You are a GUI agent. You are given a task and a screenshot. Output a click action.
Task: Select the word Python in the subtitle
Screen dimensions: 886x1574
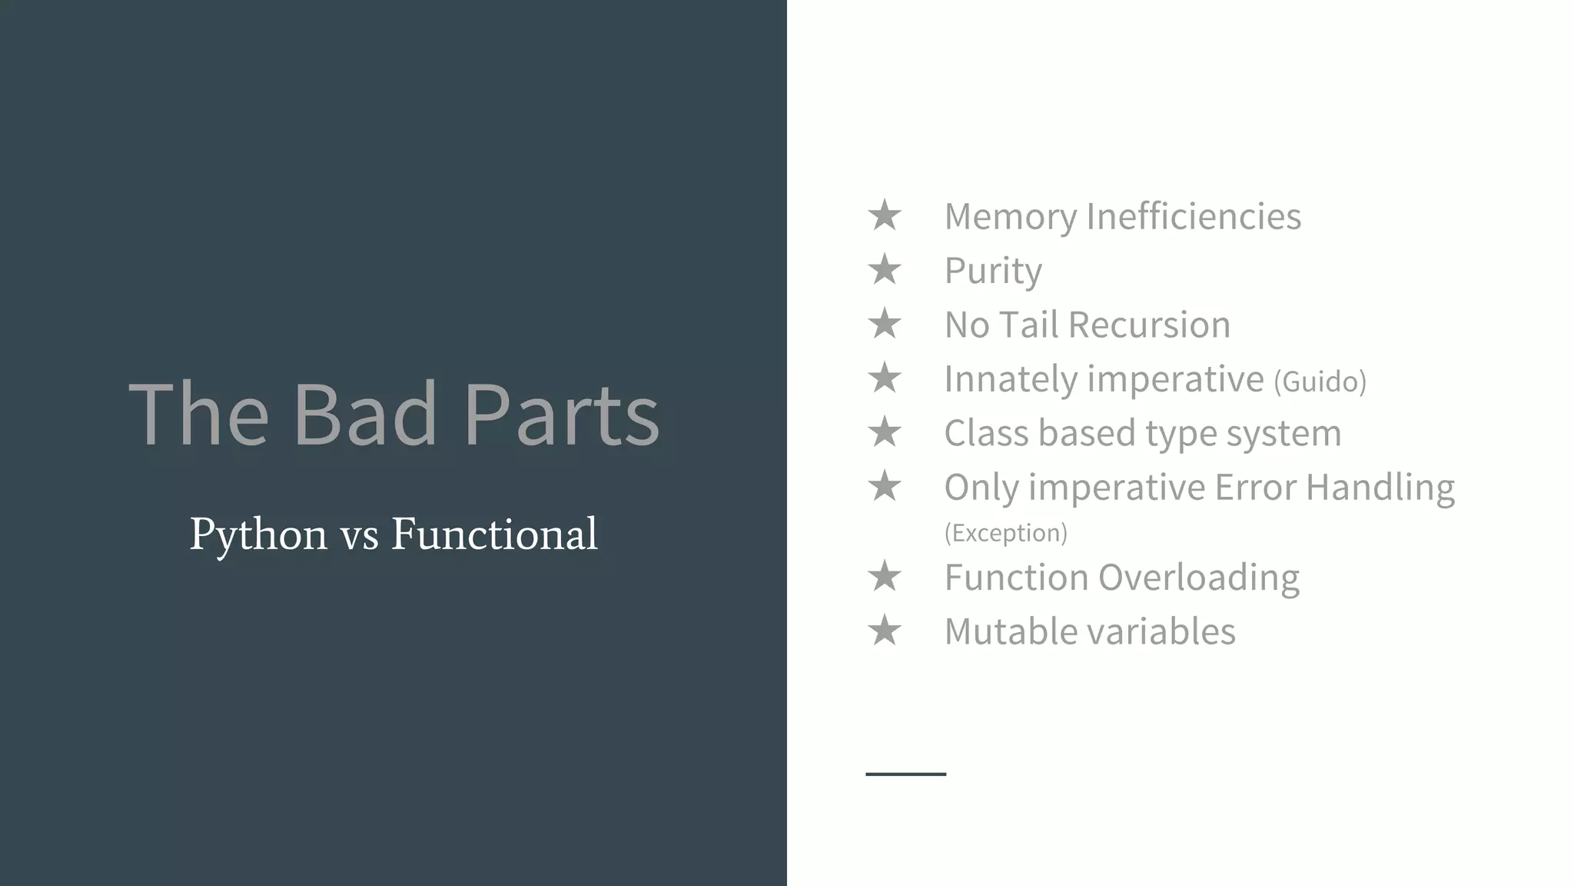pyautogui.click(x=258, y=535)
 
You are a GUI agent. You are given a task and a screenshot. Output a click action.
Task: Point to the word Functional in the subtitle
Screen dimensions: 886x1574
pyautogui.click(x=494, y=533)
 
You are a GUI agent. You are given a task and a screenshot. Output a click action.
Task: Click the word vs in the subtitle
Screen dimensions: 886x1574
pyautogui.click(x=360, y=536)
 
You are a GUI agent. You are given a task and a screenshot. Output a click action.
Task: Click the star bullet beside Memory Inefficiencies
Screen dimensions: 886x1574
pyautogui.click(x=885, y=215)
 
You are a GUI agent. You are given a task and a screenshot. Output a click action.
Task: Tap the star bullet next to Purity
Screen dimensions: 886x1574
pyautogui.click(x=885, y=270)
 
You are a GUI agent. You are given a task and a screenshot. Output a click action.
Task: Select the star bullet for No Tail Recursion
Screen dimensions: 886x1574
pyautogui.click(x=885, y=324)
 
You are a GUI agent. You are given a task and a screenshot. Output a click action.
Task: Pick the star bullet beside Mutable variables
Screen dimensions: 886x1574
pyautogui.click(x=885, y=631)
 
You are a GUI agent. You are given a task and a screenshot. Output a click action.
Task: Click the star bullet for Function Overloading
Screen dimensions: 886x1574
pyautogui.click(x=885, y=577)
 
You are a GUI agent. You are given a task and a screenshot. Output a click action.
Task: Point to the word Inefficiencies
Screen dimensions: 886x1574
pyautogui.click(x=1194, y=216)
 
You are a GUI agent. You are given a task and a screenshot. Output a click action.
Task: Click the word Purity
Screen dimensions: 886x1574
pyautogui.click(x=993, y=271)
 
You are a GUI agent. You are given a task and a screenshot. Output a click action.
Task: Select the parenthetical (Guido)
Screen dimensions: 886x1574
pyautogui.click(x=1320, y=381)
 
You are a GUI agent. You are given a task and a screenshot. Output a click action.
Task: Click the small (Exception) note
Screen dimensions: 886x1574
pyautogui.click(x=1005, y=533)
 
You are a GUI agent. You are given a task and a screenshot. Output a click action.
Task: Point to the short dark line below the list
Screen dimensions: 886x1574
pyautogui.click(x=905, y=774)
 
